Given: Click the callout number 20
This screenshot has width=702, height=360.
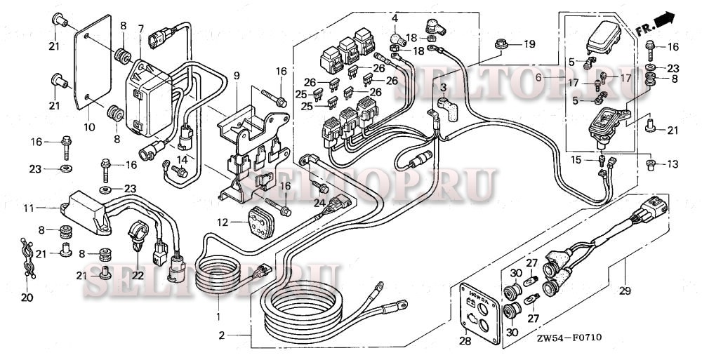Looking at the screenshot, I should pyautogui.click(x=27, y=298).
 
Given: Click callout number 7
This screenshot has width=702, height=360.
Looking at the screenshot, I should pyautogui.click(x=141, y=28).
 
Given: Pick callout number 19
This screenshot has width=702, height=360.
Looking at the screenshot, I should pyautogui.click(x=529, y=44).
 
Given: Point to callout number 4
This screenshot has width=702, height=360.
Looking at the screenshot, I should pyautogui.click(x=395, y=17).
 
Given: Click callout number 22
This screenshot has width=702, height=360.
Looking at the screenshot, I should pyautogui.click(x=138, y=276).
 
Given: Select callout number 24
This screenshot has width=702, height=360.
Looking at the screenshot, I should pyautogui.click(x=319, y=203).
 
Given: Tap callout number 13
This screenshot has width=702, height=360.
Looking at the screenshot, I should pyautogui.click(x=673, y=164).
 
